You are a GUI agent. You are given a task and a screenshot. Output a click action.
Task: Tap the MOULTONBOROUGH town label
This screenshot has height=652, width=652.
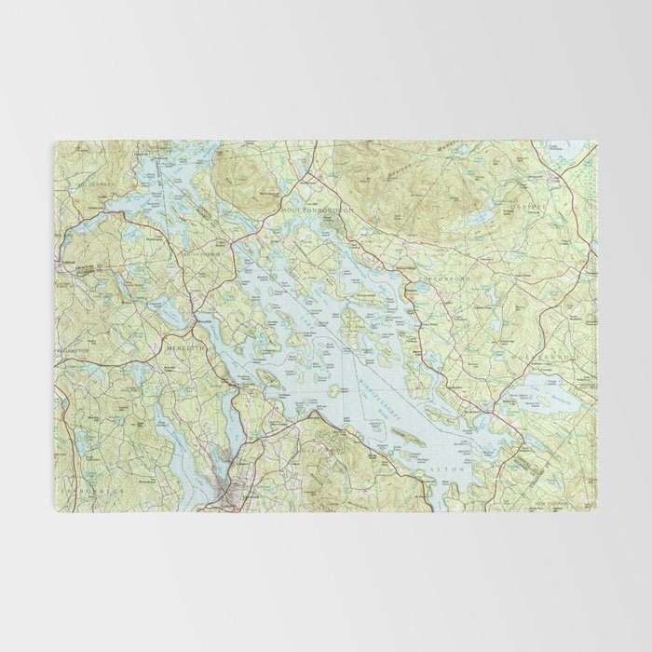[318, 212]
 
